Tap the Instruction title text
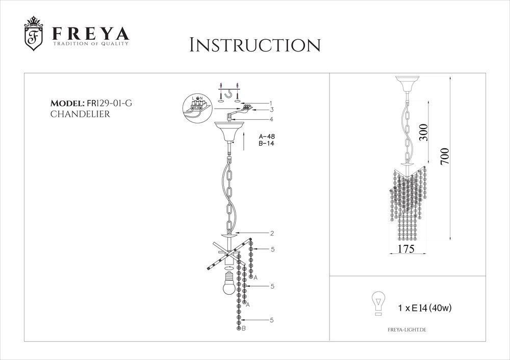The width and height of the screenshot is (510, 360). coord(254,44)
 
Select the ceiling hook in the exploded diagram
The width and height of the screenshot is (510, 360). coord(236,93)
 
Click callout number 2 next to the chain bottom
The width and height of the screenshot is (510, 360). coord(273,234)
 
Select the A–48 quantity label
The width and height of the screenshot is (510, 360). coord(267,137)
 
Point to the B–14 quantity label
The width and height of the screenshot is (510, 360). coord(267,144)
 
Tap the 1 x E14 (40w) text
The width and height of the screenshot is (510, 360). coord(424,307)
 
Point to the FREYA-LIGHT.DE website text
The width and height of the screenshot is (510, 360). coord(403,330)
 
